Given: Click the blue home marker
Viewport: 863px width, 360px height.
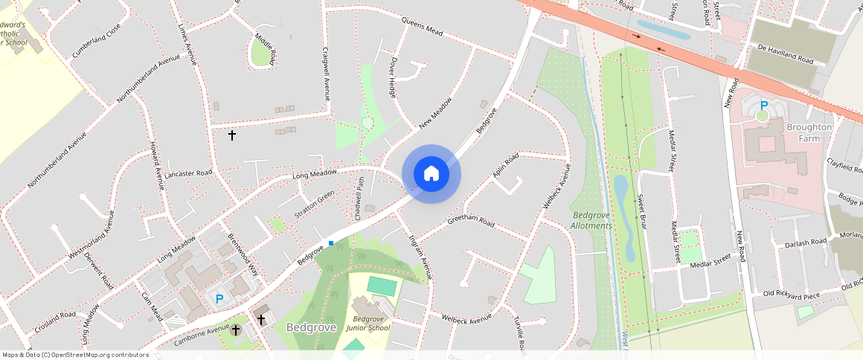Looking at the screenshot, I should pyautogui.click(x=431, y=174).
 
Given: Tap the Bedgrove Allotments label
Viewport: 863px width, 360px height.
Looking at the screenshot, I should pyautogui.click(x=591, y=220).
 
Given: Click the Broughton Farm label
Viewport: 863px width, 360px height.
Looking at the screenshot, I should pyautogui.click(x=809, y=132).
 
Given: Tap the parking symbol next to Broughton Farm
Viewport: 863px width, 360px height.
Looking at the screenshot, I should pyautogui.click(x=763, y=106).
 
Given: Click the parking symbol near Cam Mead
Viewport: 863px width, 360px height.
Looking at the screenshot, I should pyautogui.click(x=219, y=299).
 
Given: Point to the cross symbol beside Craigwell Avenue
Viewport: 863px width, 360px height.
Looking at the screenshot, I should pyautogui.click(x=232, y=135).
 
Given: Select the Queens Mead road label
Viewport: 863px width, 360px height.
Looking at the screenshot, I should pyautogui.click(x=422, y=25).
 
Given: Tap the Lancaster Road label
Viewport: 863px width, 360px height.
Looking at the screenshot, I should pyautogui.click(x=188, y=173).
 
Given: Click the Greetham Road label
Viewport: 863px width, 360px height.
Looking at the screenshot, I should pyautogui.click(x=471, y=222).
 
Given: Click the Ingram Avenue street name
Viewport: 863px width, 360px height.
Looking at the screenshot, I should pyautogui.click(x=420, y=257).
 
